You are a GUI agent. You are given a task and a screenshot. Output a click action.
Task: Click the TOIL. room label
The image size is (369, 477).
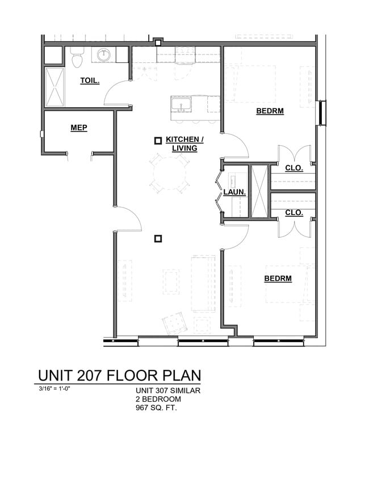click(90, 81)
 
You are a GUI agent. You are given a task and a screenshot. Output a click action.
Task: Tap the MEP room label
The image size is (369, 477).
click(79, 128)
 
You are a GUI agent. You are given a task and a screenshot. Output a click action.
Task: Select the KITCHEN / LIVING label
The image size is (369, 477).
click(184, 143)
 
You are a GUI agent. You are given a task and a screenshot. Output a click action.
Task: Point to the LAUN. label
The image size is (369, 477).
click(234, 192)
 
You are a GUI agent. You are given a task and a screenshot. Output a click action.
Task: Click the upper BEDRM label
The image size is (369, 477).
click(270, 111)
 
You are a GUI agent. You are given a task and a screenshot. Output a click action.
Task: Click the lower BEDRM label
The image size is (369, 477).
click(278, 278)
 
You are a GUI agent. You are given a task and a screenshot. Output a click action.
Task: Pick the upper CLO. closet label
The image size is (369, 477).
click(293, 168)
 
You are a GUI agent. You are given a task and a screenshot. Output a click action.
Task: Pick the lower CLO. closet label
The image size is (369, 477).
click(293, 213)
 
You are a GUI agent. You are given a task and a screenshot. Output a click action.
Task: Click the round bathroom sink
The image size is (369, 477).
click(104, 54)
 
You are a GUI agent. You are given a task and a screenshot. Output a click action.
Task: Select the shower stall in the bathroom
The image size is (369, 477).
click(54, 86)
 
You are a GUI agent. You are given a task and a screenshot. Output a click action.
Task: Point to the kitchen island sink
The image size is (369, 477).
click(182, 104)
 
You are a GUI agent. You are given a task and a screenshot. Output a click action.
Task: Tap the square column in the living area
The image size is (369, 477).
click(158, 239)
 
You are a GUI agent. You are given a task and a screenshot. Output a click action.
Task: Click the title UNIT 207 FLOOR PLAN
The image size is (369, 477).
click(119, 375)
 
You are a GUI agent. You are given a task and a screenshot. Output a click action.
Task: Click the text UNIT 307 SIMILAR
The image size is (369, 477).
click(168, 390)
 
